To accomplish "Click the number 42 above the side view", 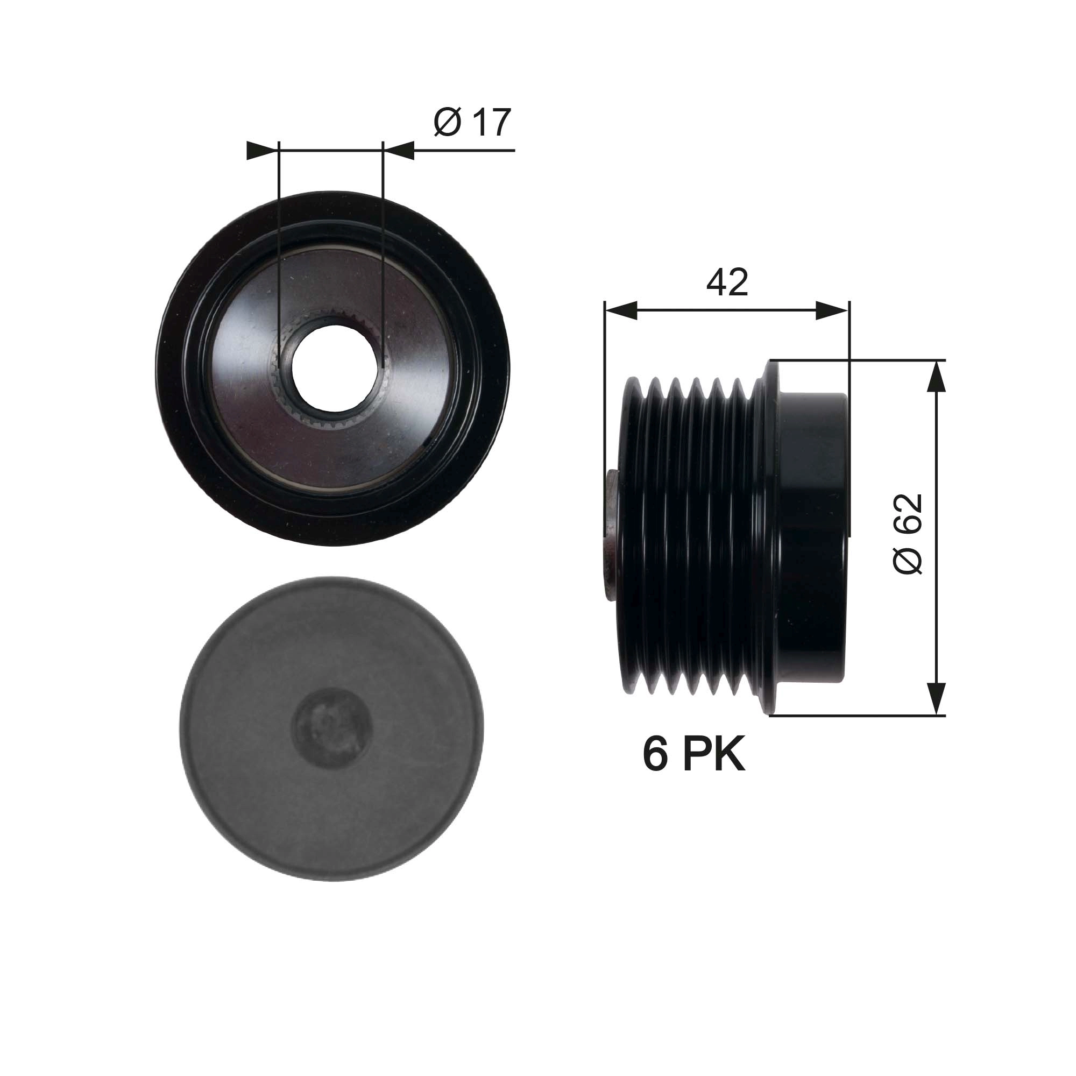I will pyautogui.click(x=727, y=283).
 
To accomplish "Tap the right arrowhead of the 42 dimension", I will pyautogui.click(x=833, y=311).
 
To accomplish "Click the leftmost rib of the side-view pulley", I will pyautogui.click(x=631, y=535).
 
